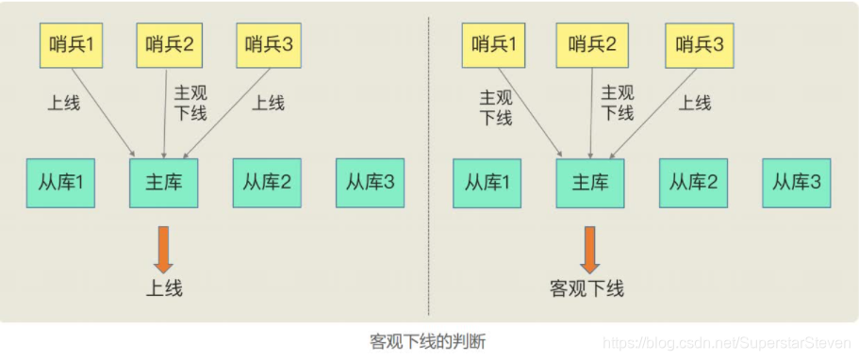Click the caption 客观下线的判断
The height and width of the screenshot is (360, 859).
[429, 339]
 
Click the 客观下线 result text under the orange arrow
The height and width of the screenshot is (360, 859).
[587, 287]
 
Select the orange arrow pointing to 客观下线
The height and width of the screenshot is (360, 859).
[588, 246]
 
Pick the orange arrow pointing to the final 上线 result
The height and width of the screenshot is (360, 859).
[163, 246]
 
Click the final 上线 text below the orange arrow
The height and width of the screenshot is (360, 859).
[163, 288]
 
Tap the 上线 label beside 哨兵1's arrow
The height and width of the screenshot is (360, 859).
[64, 103]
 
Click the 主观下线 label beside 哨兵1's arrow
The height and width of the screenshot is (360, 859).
[496, 106]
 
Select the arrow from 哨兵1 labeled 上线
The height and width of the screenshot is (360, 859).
[99, 113]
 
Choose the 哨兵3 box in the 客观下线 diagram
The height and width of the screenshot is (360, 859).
[699, 43]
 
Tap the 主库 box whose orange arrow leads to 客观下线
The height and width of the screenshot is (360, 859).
[589, 182]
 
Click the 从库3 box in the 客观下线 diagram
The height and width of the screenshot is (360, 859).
[797, 182]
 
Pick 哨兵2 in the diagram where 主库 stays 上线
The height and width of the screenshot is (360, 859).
[171, 43]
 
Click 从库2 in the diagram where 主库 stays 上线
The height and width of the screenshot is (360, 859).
[267, 182]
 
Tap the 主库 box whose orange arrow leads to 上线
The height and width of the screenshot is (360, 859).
[163, 182]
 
